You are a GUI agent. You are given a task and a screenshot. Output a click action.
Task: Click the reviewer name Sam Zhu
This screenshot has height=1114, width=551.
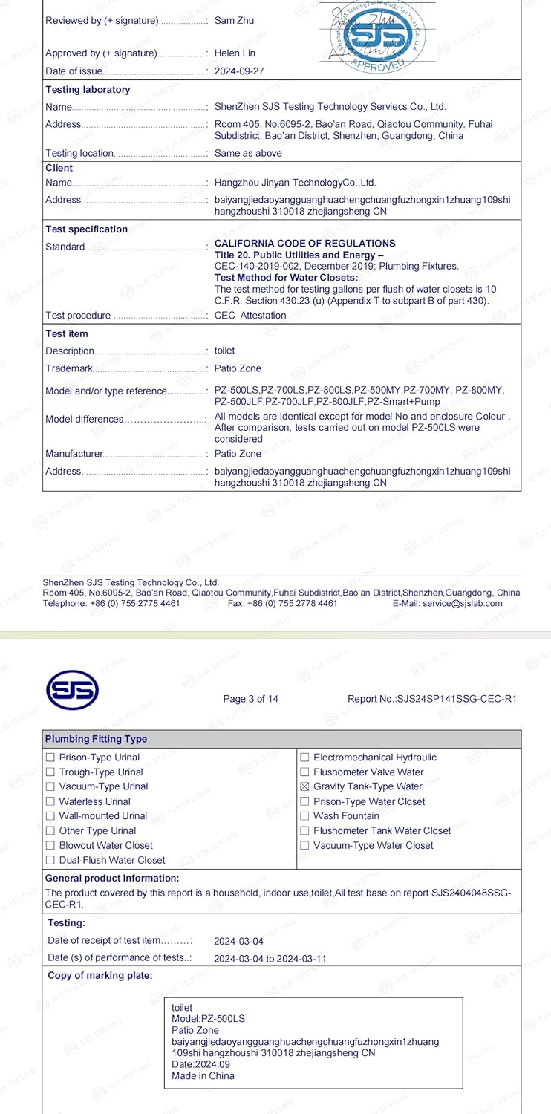[x=234, y=20]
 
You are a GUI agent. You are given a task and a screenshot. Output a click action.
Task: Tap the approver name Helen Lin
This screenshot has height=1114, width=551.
[x=235, y=53]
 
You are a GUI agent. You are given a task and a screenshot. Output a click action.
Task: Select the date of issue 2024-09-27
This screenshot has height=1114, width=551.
[x=238, y=71]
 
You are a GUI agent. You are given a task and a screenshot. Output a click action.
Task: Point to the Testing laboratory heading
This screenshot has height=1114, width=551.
[x=88, y=90]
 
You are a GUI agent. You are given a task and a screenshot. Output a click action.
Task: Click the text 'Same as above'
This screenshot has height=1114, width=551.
[x=248, y=153]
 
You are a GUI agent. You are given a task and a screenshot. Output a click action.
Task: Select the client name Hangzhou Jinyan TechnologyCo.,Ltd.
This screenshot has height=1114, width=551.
[x=296, y=183]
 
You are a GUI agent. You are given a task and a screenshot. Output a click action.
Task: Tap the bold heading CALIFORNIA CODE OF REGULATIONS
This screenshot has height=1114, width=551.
[x=304, y=244]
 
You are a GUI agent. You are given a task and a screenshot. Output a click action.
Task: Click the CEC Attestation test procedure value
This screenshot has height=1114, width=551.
[x=250, y=316]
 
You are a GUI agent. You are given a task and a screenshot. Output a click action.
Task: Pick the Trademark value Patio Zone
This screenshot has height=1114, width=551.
[x=238, y=368]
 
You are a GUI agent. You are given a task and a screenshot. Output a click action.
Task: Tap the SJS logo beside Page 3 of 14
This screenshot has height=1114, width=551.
[x=72, y=690]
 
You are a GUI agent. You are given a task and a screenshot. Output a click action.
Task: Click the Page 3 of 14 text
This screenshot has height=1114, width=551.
[x=251, y=699]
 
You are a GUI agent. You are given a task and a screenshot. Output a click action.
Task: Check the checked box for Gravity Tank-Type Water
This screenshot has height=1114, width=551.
[x=304, y=786]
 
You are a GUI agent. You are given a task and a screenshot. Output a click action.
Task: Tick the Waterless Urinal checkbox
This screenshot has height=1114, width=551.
[x=50, y=801]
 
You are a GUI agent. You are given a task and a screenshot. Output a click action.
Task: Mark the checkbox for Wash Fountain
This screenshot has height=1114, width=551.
[x=304, y=816]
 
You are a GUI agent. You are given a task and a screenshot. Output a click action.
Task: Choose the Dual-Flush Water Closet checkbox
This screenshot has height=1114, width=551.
[x=50, y=860]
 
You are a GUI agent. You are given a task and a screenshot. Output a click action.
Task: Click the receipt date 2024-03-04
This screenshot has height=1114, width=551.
[x=238, y=942]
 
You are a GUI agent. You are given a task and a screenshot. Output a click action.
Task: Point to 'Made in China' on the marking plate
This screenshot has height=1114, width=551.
[x=203, y=1075]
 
